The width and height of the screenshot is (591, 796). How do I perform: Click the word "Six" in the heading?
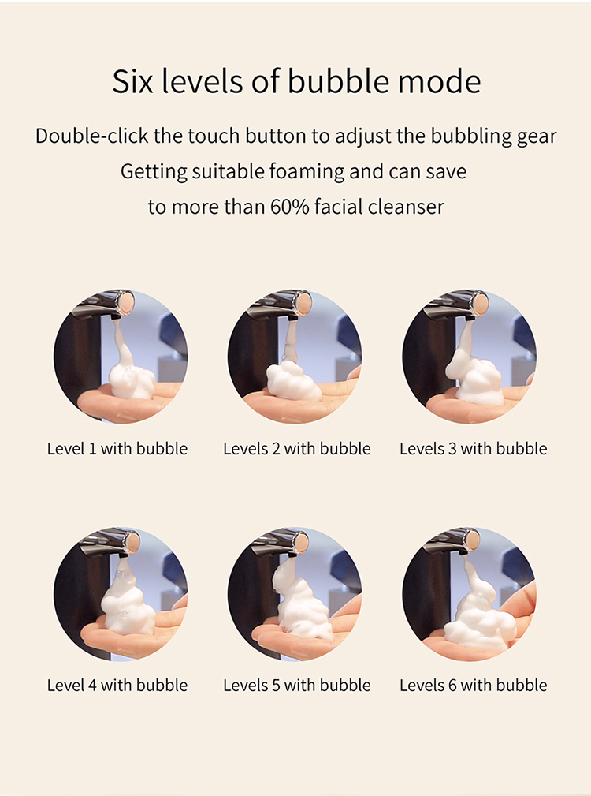coord(132,80)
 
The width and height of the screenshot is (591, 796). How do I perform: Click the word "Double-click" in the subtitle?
coord(91,136)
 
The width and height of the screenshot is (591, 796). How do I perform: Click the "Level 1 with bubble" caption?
coord(117,449)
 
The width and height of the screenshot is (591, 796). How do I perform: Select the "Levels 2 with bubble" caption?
coord(296,449)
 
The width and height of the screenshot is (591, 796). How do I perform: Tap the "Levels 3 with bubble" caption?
coord(473,449)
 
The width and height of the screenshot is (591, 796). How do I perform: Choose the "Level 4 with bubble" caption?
coord(117,686)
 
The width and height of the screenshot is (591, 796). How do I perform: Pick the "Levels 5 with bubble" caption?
coord(296,686)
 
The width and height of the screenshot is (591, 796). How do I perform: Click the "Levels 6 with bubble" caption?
coord(473,686)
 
